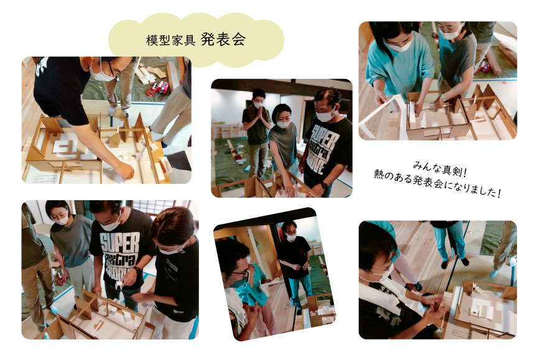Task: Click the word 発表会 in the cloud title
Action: [x=223, y=39]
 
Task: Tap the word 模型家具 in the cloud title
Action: [x=170, y=40]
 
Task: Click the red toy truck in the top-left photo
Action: [x=158, y=88]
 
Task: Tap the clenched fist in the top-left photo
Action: [x=125, y=170]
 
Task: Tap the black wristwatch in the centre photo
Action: [x=324, y=185]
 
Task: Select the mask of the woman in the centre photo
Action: [x=283, y=124]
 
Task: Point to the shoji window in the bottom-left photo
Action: [x=157, y=208]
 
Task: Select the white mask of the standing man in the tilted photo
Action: [x=291, y=236]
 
